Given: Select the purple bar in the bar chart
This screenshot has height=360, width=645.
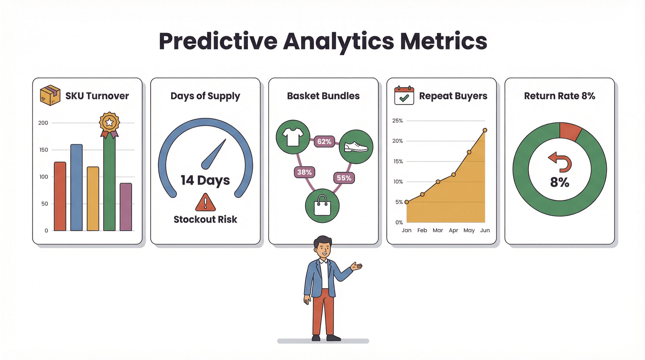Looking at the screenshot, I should click(126, 207).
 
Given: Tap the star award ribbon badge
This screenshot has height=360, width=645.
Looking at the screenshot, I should click(109, 124).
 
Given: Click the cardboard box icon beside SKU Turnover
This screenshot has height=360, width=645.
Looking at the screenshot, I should click(50, 95).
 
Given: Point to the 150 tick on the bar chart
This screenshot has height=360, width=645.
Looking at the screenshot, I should click(44, 150).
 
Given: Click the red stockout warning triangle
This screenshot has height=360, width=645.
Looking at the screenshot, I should click(206, 202).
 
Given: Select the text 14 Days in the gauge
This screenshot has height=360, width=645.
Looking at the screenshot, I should click(205, 180).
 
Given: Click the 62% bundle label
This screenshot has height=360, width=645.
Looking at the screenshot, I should click(324, 142).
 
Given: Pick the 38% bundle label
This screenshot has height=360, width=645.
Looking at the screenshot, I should click(304, 172).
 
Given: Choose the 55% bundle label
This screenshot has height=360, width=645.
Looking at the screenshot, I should click(344, 178).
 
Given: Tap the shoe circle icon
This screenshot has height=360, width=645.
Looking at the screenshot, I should click(356, 147).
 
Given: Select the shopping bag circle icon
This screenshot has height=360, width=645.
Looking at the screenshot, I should click(322, 205).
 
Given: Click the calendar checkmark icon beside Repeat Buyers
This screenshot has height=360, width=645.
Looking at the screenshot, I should click(404, 96).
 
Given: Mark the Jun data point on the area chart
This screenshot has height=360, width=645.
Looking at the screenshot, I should click(485, 130).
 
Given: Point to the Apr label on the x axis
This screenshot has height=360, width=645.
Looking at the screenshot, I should click(453, 230).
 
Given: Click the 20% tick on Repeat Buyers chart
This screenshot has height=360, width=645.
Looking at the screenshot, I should click(397, 141).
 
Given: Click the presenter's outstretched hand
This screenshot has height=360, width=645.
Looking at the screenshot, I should click(357, 266).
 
